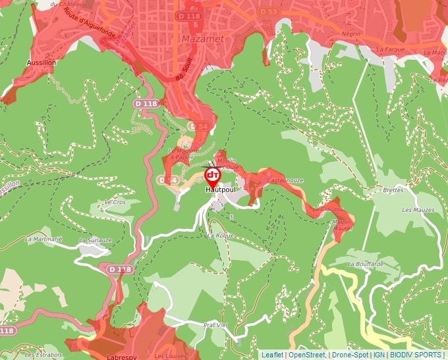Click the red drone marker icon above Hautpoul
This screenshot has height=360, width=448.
[x=212, y=176]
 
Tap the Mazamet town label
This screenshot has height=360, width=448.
[x=206, y=39]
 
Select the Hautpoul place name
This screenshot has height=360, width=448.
[x=220, y=190]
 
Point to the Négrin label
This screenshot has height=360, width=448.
[x=351, y=33]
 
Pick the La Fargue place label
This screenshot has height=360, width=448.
[x=388, y=49]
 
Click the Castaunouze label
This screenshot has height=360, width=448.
[x=285, y=180]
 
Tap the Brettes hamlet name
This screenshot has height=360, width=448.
[x=393, y=190]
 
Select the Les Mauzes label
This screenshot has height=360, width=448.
[x=418, y=210]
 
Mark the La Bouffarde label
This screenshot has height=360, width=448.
[x=365, y=264]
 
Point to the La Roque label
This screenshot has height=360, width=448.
[x=221, y=235]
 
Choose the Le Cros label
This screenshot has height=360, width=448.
[x=115, y=202]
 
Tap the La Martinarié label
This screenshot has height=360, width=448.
[x=43, y=240]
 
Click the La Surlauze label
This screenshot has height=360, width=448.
[x=96, y=242]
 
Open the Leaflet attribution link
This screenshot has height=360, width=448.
[x=272, y=355]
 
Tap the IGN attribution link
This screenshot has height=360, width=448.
[x=379, y=355]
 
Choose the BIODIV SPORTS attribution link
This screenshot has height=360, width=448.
[x=415, y=355]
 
